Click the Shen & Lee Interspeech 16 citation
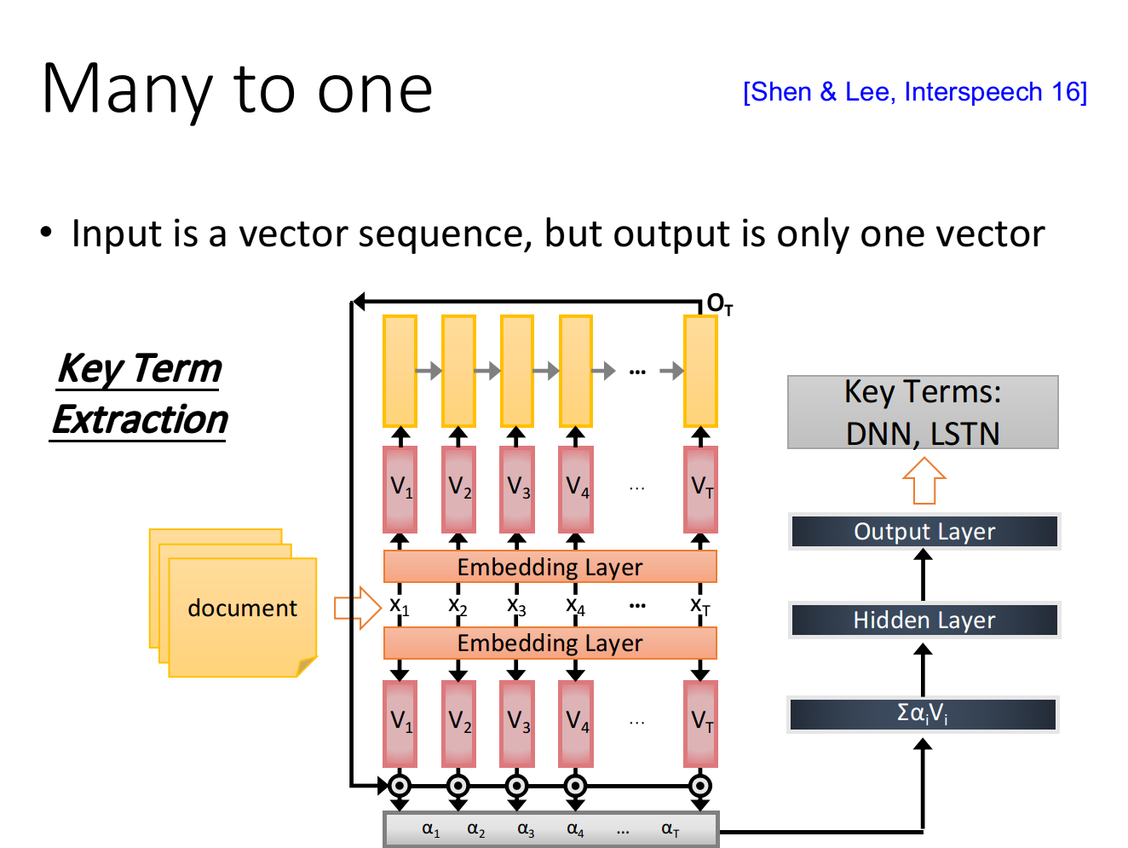click(x=915, y=92)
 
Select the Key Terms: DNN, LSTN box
click(x=923, y=412)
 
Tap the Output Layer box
click(x=924, y=532)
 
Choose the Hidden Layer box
click(x=924, y=620)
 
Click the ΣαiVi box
click(x=923, y=714)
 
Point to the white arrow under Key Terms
click(x=924, y=482)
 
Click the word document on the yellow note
click(x=242, y=609)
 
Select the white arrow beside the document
click(x=359, y=608)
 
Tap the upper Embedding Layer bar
click(x=550, y=567)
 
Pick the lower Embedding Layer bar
click(x=550, y=643)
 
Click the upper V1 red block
click(x=400, y=489)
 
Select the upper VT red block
click(x=701, y=489)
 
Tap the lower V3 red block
click(x=517, y=724)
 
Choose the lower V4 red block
click(x=576, y=724)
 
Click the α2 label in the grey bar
click(x=475, y=829)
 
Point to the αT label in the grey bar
click(x=670, y=829)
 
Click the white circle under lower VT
click(x=700, y=786)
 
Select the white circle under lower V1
click(x=400, y=786)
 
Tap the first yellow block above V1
click(x=400, y=371)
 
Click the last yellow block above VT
click(x=701, y=371)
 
